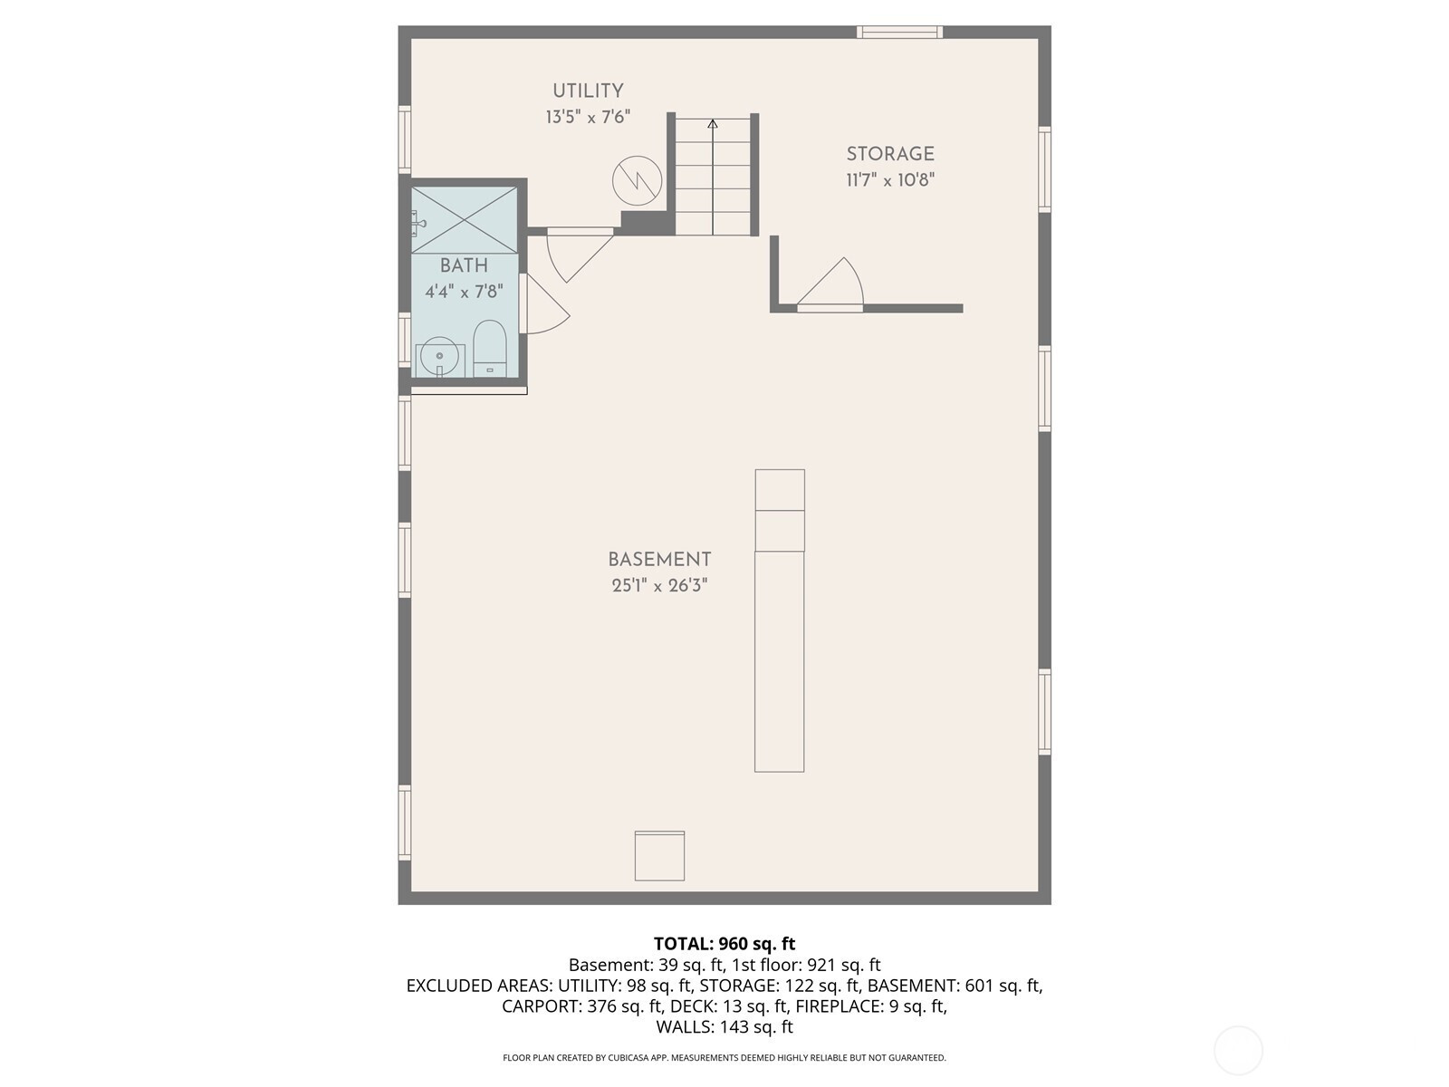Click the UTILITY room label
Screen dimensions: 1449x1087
[x=588, y=91]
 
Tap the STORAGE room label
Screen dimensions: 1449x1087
[x=890, y=154]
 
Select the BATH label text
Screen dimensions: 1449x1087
[x=464, y=265]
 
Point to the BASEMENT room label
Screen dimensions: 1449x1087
[x=659, y=560]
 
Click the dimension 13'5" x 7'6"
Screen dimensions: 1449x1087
[x=588, y=118]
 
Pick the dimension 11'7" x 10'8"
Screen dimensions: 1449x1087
[x=890, y=180]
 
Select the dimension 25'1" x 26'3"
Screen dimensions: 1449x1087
[x=659, y=585]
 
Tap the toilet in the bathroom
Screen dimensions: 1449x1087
[x=490, y=349]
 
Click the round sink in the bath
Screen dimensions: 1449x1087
[x=439, y=357]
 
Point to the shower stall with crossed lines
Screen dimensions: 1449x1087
[x=465, y=220]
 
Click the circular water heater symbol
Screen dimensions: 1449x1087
[x=637, y=180]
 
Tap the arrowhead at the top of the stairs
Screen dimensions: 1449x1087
[x=713, y=123]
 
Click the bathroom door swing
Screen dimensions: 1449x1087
[x=545, y=303]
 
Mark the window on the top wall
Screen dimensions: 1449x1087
[x=900, y=32]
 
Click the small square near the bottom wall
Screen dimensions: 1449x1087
[x=659, y=855]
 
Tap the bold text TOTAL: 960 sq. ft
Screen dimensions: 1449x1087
[x=724, y=943]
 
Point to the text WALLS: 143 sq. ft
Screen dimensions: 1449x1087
[x=724, y=1026]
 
